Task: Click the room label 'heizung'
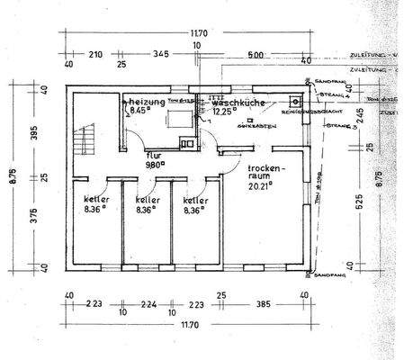[x=146, y=103]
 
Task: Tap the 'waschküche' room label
[x=238, y=103]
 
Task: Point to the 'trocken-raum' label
[x=267, y=173]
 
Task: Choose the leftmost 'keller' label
[x=97, y=200]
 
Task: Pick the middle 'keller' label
[x=148, y=200]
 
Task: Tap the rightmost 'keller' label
[x=196, y=200]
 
